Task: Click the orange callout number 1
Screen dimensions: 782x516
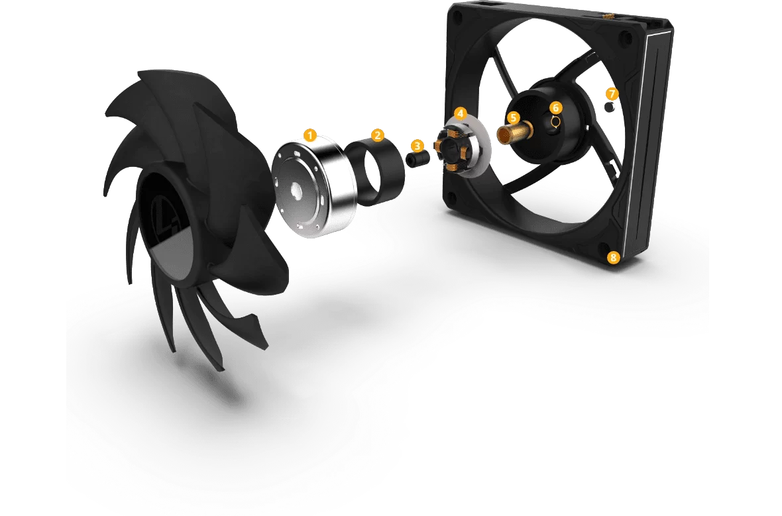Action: (310, 135)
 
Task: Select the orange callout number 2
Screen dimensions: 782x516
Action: (378, 135)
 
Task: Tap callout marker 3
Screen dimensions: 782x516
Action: (418, 146)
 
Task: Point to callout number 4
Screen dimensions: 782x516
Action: (461, 113)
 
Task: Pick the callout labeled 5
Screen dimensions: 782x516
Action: (513, 118)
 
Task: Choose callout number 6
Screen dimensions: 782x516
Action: (555, 107)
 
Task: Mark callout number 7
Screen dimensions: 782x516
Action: (612, 93)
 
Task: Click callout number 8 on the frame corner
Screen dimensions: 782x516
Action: (612, 257)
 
